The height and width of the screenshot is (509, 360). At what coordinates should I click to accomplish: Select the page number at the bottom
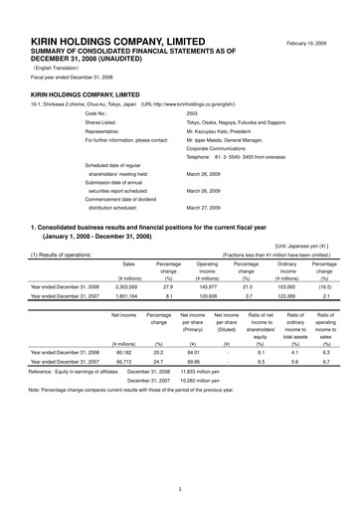click(180, 489)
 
